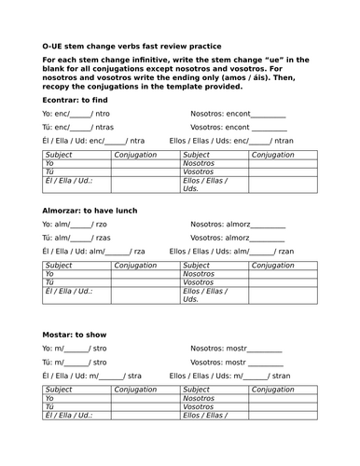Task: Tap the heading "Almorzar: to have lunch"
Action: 90,211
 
